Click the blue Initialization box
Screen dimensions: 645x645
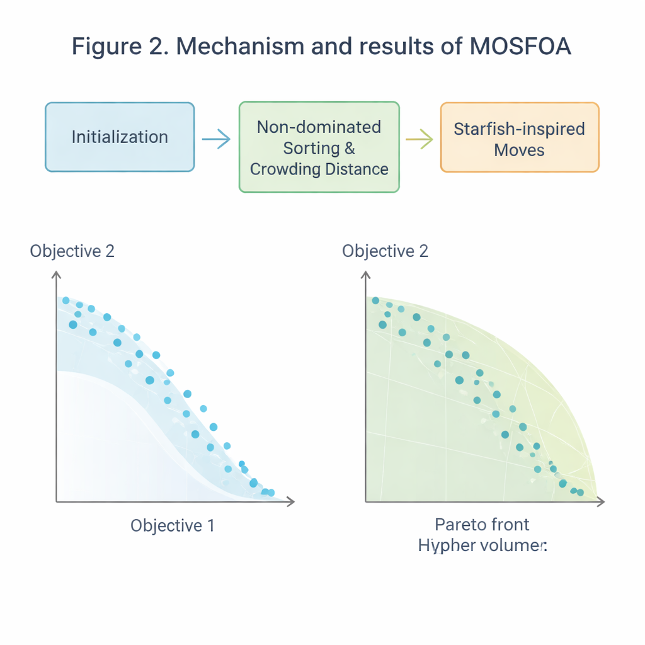click(120, 137)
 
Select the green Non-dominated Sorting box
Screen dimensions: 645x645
click(319, 147)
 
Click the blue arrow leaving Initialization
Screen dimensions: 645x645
click(216, 139)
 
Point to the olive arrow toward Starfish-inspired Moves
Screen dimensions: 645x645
click(419, 139)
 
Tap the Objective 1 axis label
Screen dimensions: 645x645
click(173, 525)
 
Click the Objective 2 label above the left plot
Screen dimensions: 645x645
click(72, 251)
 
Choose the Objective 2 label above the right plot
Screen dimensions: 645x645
click(385, 251)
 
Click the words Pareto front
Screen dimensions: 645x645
click(482, 524)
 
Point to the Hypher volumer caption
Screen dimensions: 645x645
click(482, 545)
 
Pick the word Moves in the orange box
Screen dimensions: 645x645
click(519, 150)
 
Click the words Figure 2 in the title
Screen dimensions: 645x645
click(110, 47)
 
